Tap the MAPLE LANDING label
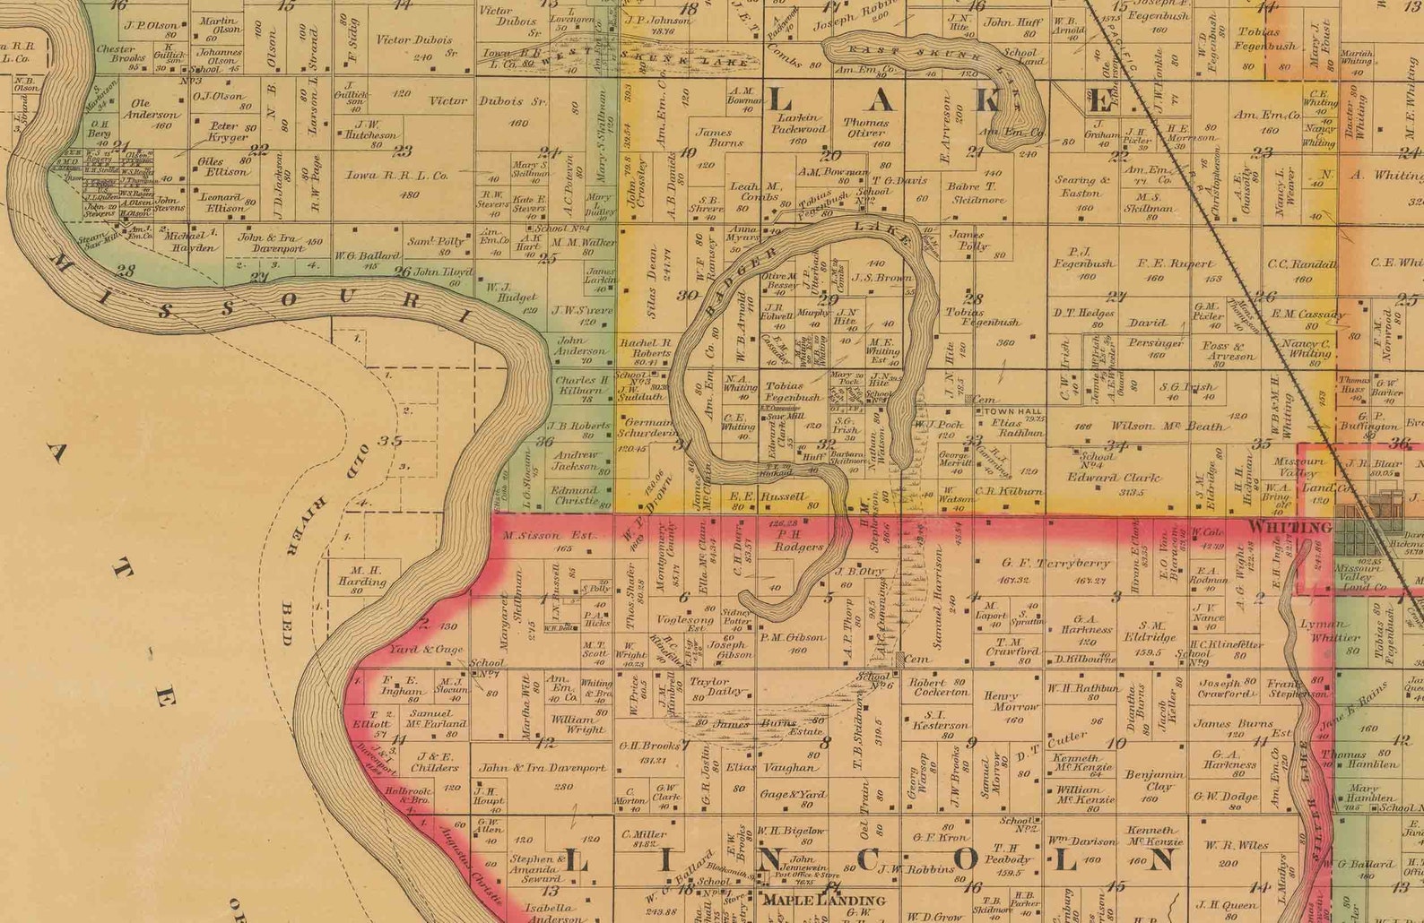823,900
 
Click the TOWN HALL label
1012,411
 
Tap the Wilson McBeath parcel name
1167,427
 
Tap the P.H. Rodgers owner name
797,539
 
